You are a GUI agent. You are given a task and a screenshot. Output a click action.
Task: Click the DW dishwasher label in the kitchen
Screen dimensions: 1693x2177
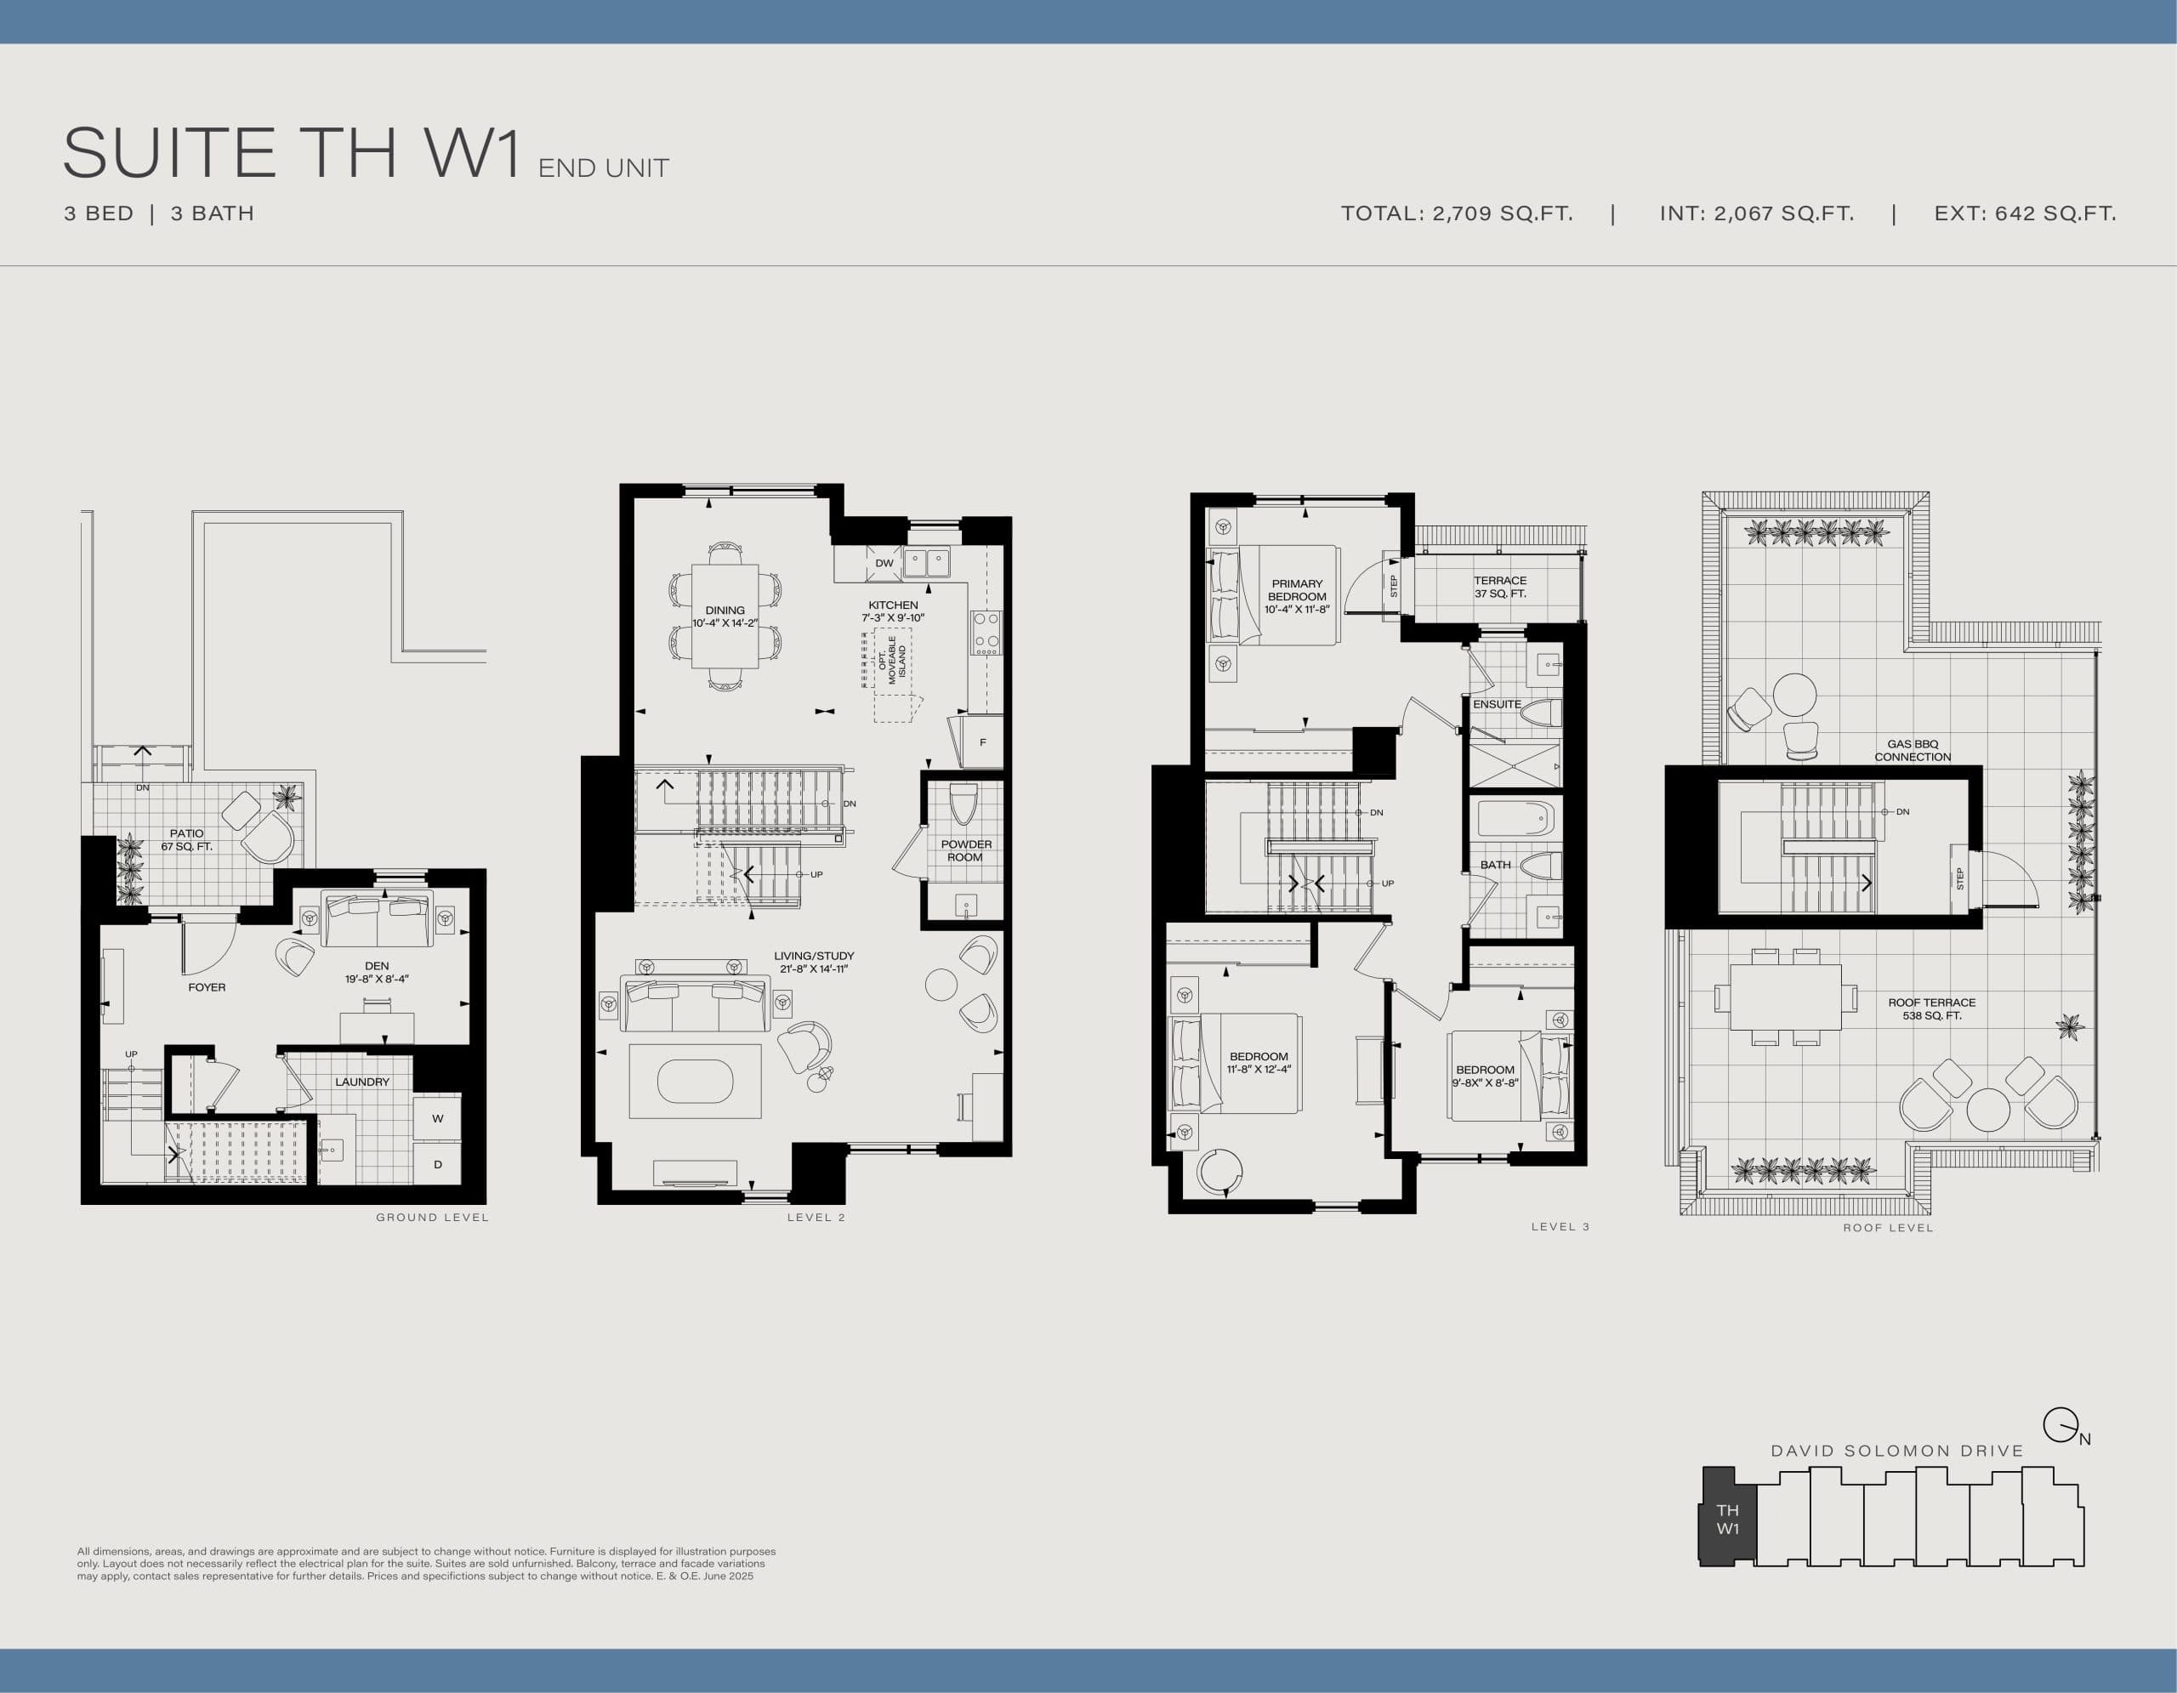[x=884, y=563]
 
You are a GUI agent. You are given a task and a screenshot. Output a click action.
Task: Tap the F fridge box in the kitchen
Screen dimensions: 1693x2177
[x=983, y=742]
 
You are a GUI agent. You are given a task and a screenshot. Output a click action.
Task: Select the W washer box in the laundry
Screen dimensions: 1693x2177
[x=438, y=1118]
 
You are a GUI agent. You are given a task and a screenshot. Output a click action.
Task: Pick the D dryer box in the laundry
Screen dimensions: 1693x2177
[x=438, y=1164]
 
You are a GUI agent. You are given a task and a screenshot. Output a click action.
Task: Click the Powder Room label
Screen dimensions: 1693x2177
[x=965, y=850]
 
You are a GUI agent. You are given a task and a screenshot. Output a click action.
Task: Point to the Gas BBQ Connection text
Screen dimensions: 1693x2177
[x=1912, y=750]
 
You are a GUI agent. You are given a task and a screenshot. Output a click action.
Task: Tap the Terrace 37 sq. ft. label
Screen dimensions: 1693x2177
[x=1499, y=587]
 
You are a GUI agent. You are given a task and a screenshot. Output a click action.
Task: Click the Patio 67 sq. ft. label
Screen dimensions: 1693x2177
[x=186, y=840]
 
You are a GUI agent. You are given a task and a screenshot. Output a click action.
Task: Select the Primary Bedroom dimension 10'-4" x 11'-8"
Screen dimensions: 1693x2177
[x=1297, y=609]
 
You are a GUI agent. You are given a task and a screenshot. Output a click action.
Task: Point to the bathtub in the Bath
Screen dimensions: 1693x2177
[x=1515, y=819]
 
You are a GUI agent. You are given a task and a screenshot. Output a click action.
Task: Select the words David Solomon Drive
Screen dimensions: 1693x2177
[x=1897, y=1451]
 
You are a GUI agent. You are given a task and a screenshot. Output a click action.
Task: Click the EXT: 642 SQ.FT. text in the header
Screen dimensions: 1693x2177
[x=2025, y=213]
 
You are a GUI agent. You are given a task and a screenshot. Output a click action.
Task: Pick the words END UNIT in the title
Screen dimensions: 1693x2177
[x=603, y=168]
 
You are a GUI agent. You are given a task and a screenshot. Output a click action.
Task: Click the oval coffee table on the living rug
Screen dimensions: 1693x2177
[x=695, y=1081]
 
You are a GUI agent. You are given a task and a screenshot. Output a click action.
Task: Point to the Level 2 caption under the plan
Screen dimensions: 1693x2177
[x=816, y=1217]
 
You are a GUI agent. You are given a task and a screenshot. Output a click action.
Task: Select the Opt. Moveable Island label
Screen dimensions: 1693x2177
[x=892, y=661]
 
